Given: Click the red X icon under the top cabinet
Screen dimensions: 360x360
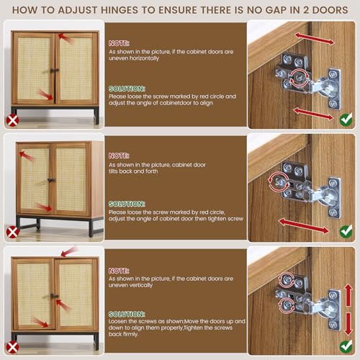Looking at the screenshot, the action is pyautogui.click(x=13, y=120).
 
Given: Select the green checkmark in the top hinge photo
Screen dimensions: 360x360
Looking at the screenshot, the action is pyautogui.click(x=346, y=120).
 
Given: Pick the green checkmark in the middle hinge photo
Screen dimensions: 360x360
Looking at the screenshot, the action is pyautogui.click(x=346, y=231).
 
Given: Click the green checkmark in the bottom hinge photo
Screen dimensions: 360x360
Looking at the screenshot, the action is pyautogui.click(x=346, y=346).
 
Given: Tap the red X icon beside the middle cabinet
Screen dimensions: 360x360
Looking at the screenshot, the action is pyautogui.click(x=13, y=232).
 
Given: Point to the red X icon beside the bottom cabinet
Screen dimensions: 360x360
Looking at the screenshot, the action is pyautogui.click(x=13, y=348).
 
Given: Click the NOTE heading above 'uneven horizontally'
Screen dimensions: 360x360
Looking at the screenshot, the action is pyautogui.click(x=119, y=43).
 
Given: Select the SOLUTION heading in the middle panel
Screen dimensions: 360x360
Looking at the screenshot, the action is pyautogui.click(x=127, y=204).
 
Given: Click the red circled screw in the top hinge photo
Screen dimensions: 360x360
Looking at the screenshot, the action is pyautogui.click(x=299, y=77).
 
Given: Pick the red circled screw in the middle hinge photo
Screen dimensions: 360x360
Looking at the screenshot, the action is pyautogui.click(x=279, y=181).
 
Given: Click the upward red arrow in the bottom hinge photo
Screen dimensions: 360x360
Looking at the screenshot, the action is pyautogui.click(x=348, y=295).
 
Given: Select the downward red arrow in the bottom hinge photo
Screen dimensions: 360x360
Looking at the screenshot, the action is pyautogui.click(x=348, y=324).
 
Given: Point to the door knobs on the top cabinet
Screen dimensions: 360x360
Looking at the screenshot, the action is pyautogui.click(x=55, y=71).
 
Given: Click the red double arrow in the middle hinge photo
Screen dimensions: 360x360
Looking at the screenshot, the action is pyautogui.click(x=304, y=226).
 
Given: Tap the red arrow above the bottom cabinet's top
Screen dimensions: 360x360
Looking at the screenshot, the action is pyautogui.click(x=69, y=252).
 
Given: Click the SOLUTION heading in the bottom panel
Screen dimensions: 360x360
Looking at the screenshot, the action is pyautogui.click(x=127, y=314).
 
